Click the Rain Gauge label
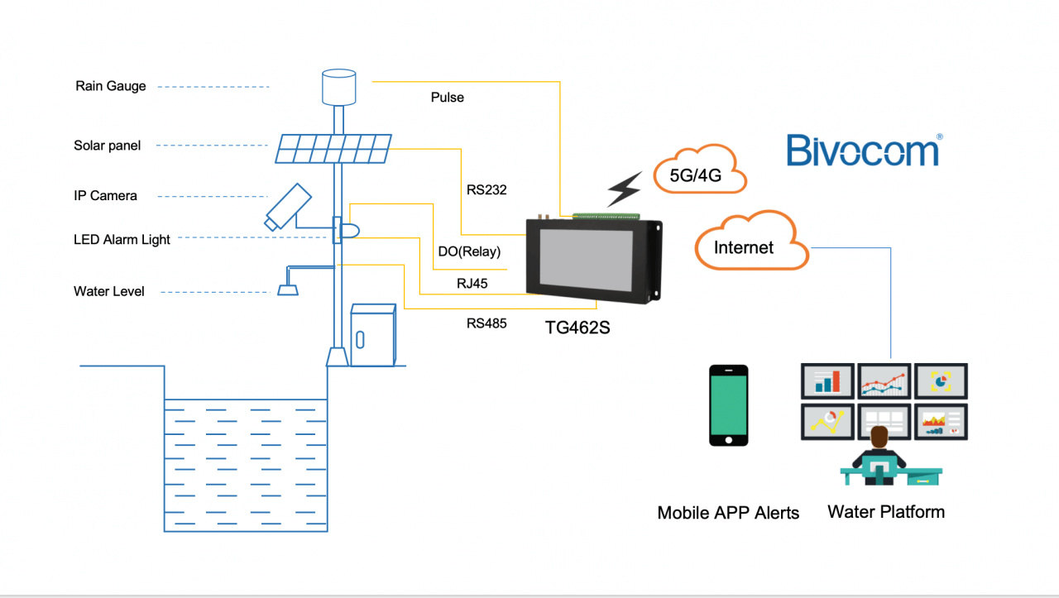(x=110, y=86)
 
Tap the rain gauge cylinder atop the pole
(x=338, y=87)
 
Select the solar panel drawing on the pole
(x=333, y=149)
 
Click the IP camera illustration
(x=287, y=206)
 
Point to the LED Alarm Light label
(x=122, y=240)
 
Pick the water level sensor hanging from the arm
(x=287, y=289)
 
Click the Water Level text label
(x=108, y=291)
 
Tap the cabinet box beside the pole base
(x=373, y=335)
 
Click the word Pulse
(x=447, y=98)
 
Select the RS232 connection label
(x=486, y=190)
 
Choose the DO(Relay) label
(x=469, y=251)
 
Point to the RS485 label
(x=486, y=323)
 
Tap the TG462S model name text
(x=577, y=327)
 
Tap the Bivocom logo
(x=863, y=151)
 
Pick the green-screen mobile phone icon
(x=729, y=405)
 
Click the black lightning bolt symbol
(x=624, y=189)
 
